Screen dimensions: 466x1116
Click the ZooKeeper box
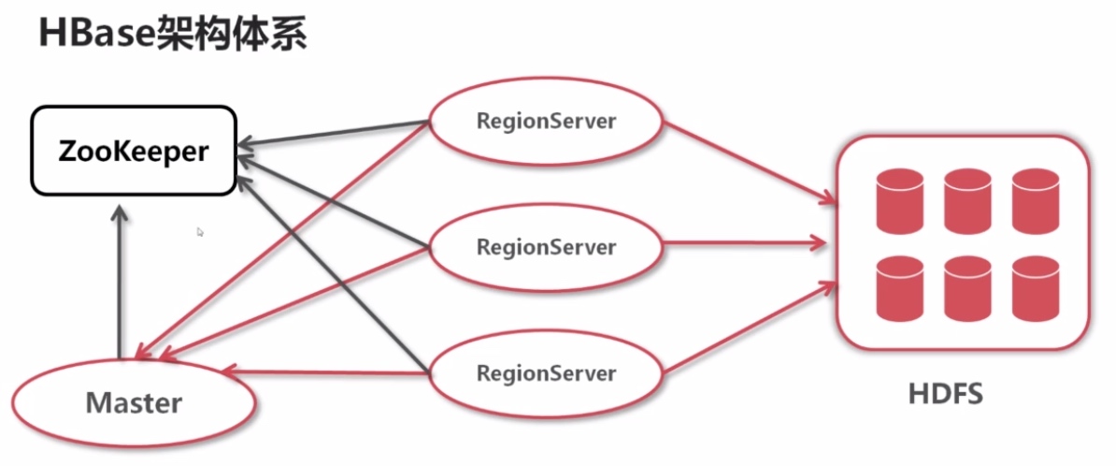(x=133, y=151)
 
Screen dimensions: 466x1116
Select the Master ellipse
(x=134, y=402)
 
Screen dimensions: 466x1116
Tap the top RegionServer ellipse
(x=546, y=122)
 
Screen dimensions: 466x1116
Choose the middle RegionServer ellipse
(x=546, y=247)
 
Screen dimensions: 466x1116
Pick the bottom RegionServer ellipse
(x=546, y=373)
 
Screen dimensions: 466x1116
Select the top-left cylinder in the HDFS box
(x=899, y=200)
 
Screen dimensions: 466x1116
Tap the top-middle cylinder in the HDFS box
(x=966, y=200)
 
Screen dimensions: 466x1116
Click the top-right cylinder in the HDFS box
(x=1035, y=200)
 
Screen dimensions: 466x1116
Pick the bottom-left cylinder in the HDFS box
(x=899, y=288)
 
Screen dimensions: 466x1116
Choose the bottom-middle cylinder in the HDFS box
(x=966, y=288)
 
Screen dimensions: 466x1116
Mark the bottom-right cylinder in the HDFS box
(x=1035, y=288)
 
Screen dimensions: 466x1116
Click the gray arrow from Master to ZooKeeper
(x=119, y=281)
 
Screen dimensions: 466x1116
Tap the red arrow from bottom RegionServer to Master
(x=327, y=372)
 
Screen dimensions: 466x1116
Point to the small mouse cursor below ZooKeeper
(x=200, y=231)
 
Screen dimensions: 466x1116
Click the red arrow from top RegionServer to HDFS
(x=748, y=161)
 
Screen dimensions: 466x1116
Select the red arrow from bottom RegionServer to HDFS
(x=748, y=328)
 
